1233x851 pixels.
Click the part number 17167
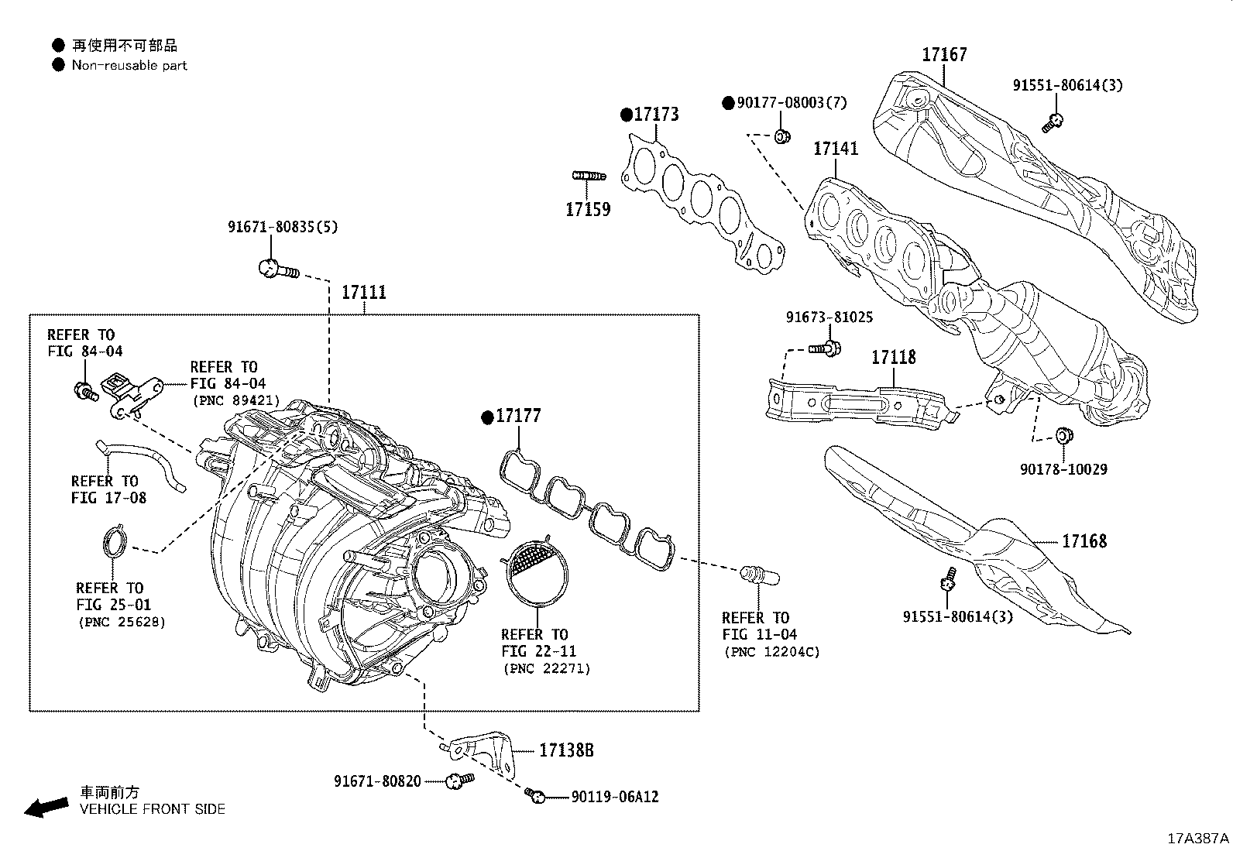[944, 55]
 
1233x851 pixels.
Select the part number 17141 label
[836, 148]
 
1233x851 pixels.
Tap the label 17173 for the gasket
[656, 115]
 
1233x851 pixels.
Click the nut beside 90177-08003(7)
[782, 137]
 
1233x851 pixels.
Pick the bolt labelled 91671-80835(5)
[274, 269]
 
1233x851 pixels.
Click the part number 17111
[364, 293]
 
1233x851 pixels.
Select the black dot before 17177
[487, 417]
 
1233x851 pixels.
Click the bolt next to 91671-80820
[459, 781]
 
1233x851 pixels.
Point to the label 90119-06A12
[615, 797]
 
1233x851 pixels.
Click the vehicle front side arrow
[45, 807]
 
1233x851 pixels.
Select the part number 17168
[1084, 541]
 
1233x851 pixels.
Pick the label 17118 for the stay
[893, 357]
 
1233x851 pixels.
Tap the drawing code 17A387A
[1198, 839]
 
